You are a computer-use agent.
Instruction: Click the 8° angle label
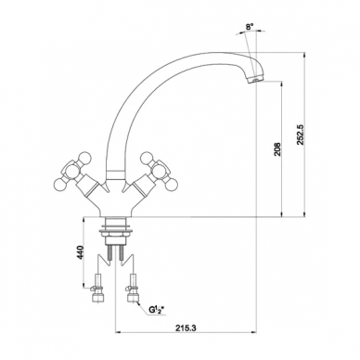point(250,27)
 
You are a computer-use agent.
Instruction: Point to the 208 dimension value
point(277,149)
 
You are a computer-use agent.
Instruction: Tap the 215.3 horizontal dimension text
point(186,328)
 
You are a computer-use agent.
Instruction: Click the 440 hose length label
point(80,252)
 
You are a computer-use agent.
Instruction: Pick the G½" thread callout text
point(156,309)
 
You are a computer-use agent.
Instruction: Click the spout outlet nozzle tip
point(255,80)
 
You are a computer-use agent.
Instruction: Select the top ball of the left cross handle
point(85,158)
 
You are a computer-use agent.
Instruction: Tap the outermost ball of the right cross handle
point(173,185)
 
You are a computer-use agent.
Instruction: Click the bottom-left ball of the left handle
point(59,185)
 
